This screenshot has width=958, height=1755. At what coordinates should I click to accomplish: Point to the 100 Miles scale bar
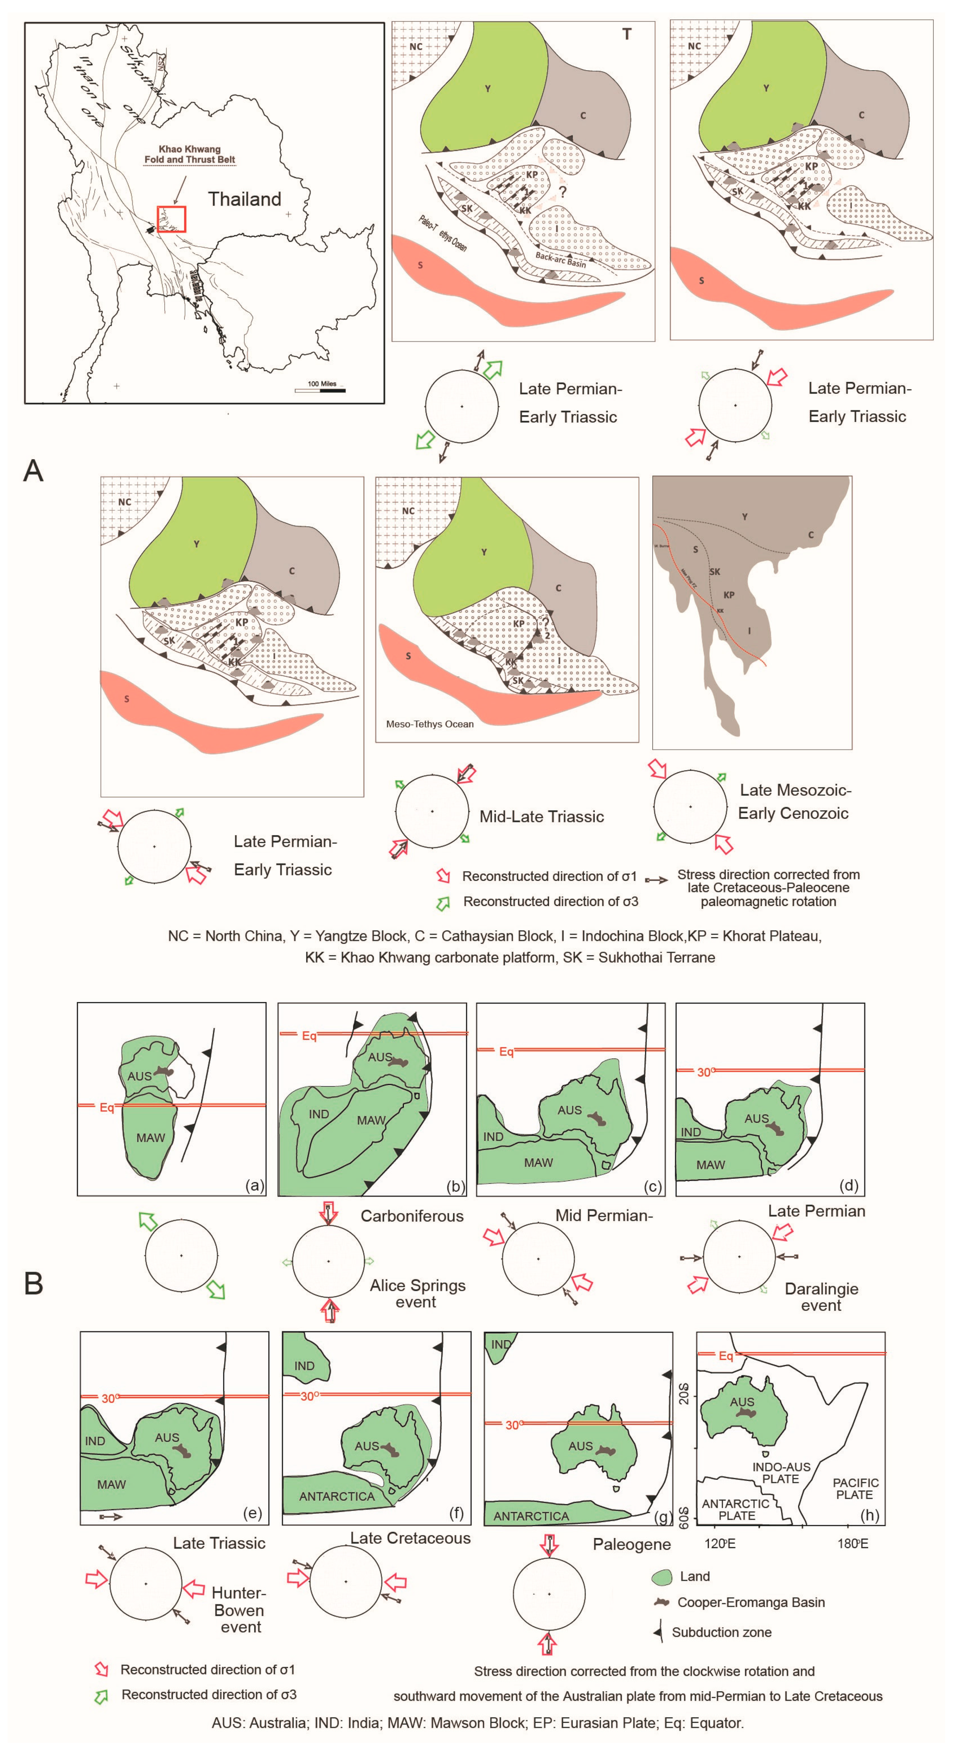tap(320, 390)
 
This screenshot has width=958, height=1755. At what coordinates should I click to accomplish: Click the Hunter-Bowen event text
tap(238, 1609)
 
